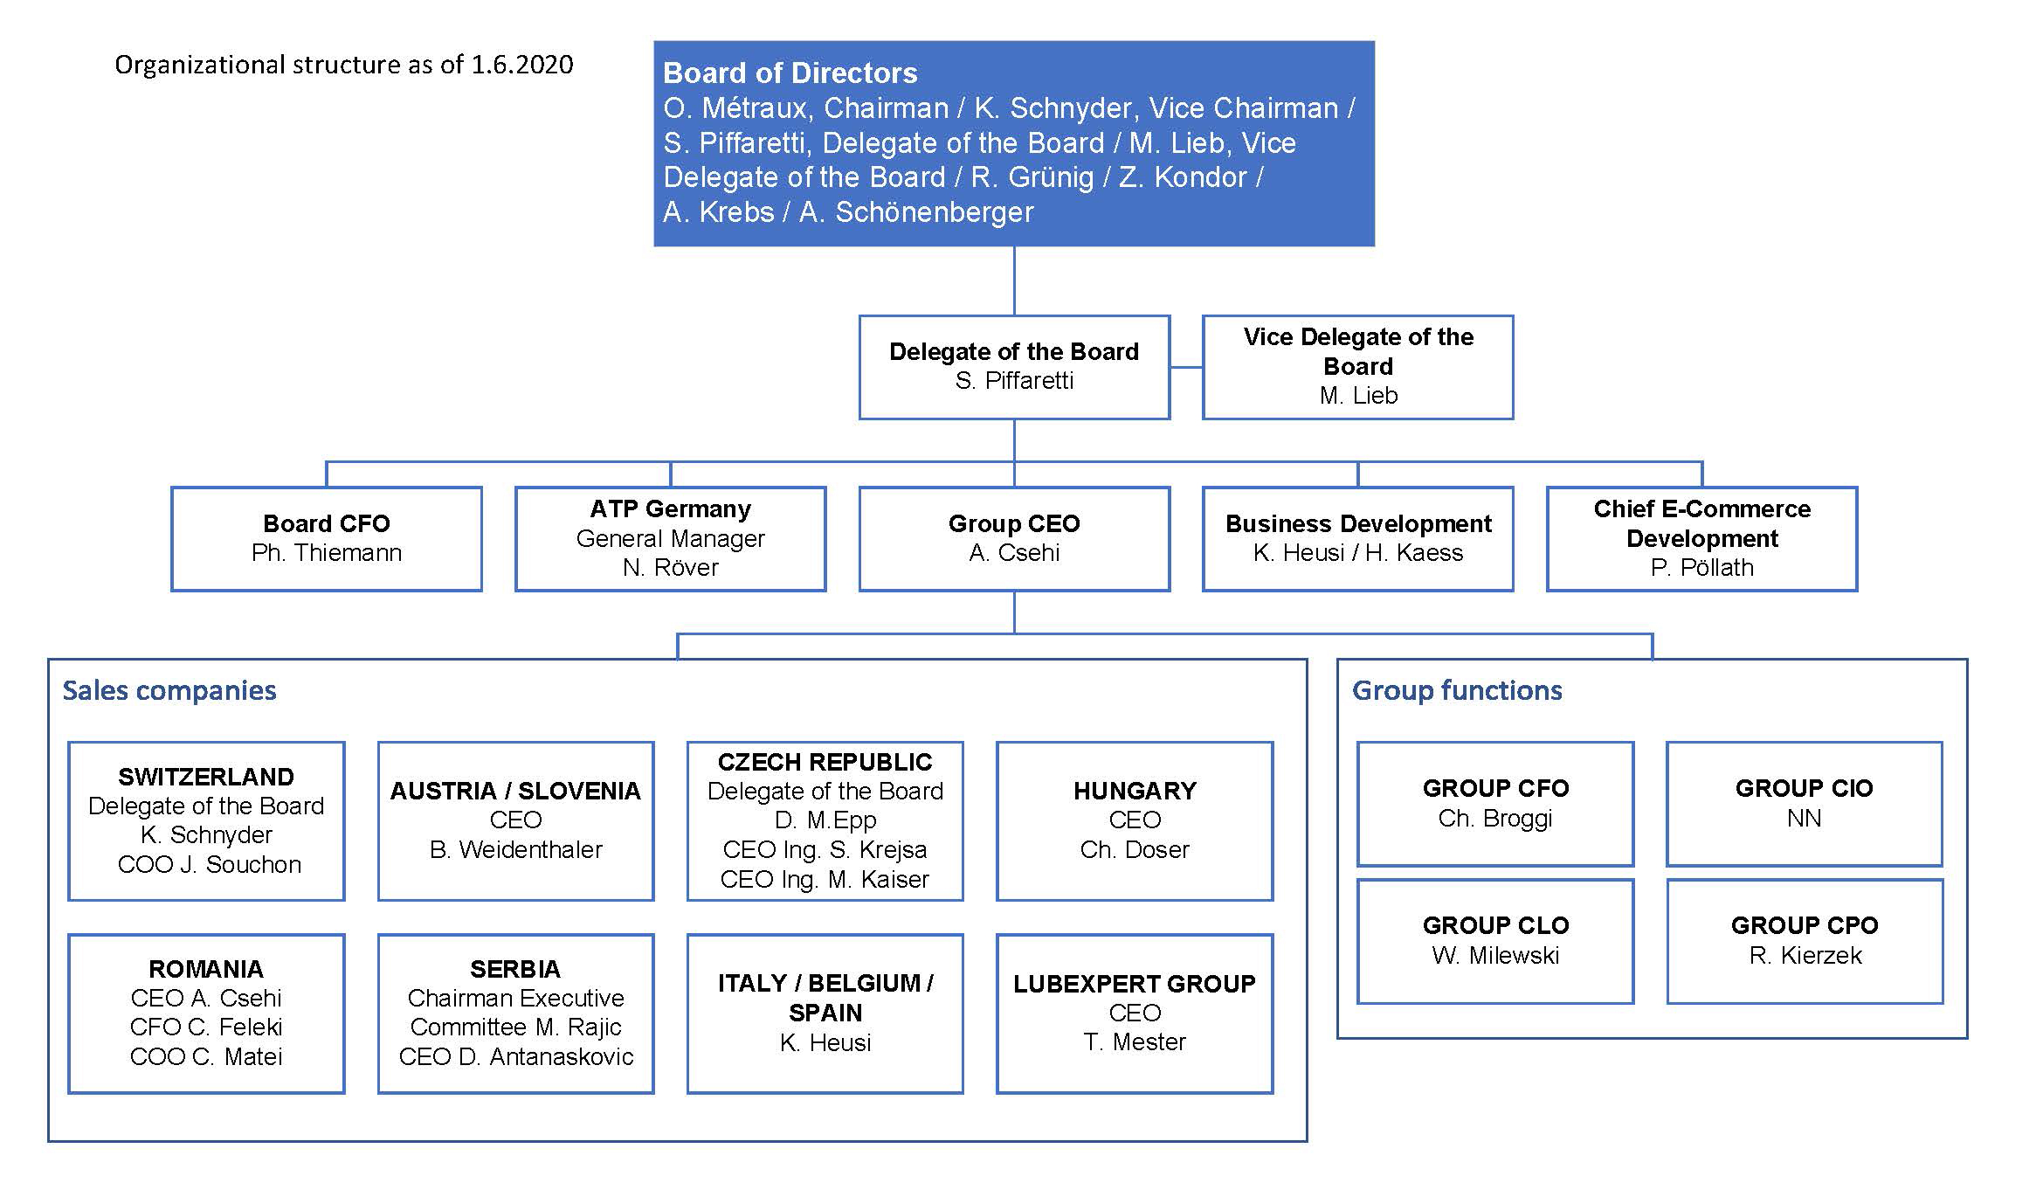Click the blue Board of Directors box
coord(1014,143)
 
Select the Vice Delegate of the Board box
coord(1357,367)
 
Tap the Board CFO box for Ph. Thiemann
coord(327,539)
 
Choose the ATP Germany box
coord(671,539)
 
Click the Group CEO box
coord(1014,539)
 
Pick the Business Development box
coord(1357,539)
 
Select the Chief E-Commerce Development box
coord(1701,539)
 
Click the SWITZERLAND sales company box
coord(206,821)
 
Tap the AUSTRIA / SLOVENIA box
coord(515,821)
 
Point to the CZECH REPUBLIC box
coord(825,821)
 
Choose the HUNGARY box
coord(1135,821)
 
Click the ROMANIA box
coord(206,1014)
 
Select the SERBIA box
coord(515,1014)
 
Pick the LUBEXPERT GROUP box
coord(1135,1014)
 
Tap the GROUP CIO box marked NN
coord(1805,804)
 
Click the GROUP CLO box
coord(1495,941)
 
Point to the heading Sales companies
coord(169,690)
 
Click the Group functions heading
coord(1457,690)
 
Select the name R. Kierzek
coord(1805,955)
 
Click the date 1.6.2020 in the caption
coord(522,65)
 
